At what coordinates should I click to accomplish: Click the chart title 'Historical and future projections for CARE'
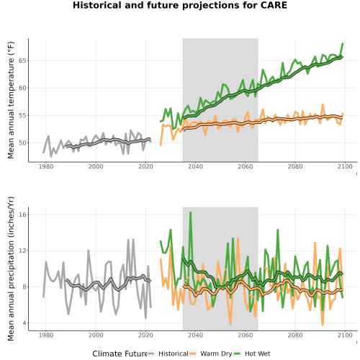(180, 5)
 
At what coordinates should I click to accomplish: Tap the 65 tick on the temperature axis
(22, 60)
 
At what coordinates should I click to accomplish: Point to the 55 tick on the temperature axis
(22, 116)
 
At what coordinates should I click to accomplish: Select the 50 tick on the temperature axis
(22, 143)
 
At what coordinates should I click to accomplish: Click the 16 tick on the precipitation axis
(22, 215)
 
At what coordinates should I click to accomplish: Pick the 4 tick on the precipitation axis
(24, 323)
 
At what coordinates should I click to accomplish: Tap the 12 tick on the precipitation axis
(22, 251)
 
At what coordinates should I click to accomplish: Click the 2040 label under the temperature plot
(195, 166)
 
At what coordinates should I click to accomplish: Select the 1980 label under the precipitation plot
(46, 335)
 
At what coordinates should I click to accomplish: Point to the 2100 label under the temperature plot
(345, 166)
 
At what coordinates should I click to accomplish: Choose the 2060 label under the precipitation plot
(246, 335)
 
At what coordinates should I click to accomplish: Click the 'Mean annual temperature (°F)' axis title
(11, 100)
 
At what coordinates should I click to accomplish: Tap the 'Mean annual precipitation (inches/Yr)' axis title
(11, 269)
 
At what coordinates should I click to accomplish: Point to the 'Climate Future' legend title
(120, 354)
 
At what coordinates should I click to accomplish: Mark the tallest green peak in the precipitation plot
(191, 212)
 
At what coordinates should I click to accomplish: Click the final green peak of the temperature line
(343, 44)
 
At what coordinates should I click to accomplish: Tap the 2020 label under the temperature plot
(145, 166)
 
